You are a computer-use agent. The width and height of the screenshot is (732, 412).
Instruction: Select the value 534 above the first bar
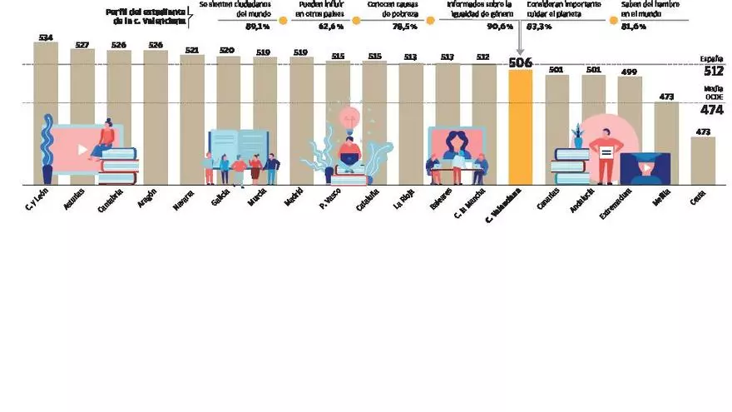(46, 37)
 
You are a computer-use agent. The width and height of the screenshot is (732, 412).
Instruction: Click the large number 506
(520, 62)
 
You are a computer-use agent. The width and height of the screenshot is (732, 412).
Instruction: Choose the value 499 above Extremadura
(630, 72)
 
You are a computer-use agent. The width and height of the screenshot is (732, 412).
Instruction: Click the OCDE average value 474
(711, 110)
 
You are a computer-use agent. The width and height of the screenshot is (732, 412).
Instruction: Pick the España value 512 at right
(711, 71)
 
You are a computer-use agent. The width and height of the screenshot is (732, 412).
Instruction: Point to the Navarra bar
(192, 120)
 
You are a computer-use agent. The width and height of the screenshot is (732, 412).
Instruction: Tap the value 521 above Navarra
(192, 50)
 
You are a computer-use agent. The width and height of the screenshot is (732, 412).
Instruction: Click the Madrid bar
(302, 120)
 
